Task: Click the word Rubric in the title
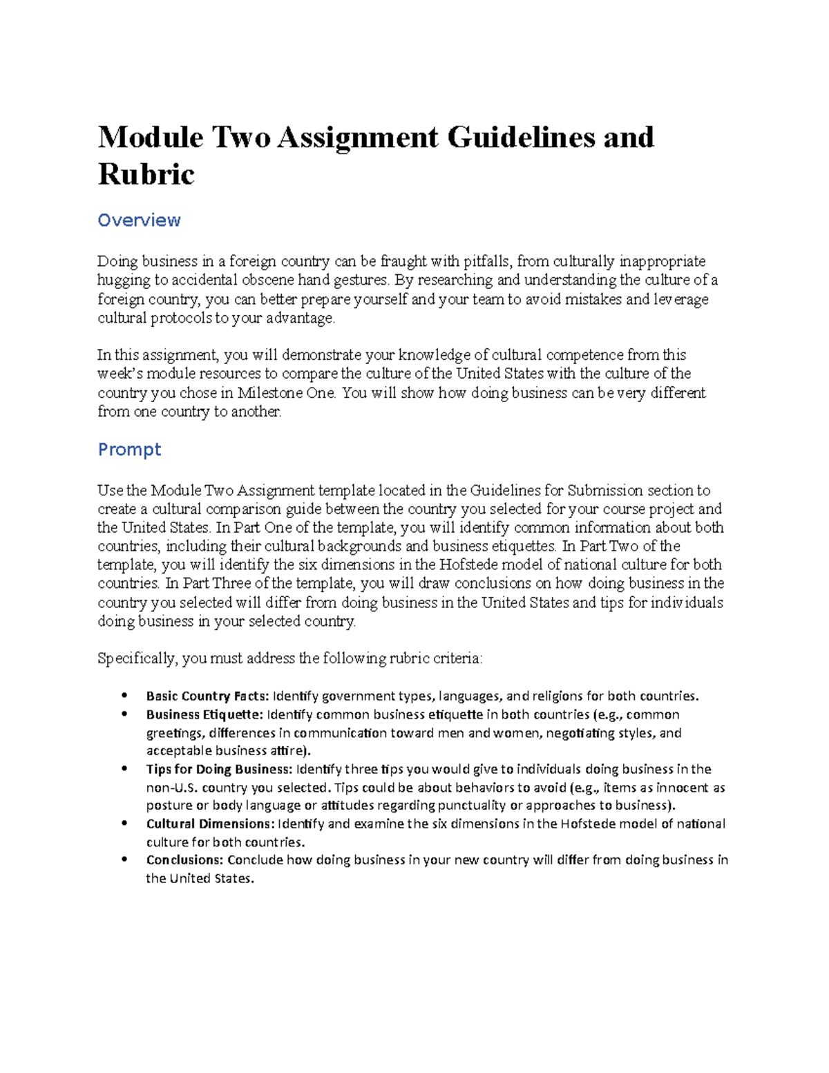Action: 146,174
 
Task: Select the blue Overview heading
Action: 139,220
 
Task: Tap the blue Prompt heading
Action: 129,450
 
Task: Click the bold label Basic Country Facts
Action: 208,696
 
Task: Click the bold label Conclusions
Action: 184,860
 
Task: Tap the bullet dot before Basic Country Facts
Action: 124,696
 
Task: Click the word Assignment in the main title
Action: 358,137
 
